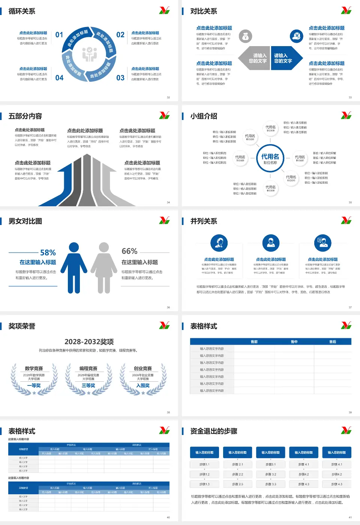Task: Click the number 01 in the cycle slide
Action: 59,35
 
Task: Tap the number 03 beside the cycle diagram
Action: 120,78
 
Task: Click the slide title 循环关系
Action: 22,11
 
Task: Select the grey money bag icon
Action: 245,36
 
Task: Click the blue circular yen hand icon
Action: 297,36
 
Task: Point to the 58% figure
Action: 48,253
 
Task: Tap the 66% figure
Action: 129,251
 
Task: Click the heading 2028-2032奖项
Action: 89,342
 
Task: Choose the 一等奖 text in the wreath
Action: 34,385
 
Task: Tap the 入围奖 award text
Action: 143,385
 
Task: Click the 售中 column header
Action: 294,342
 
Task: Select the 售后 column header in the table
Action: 333,342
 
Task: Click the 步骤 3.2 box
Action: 271,474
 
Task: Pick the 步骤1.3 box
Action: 204,484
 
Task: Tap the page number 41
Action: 350,517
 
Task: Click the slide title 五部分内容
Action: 25,116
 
